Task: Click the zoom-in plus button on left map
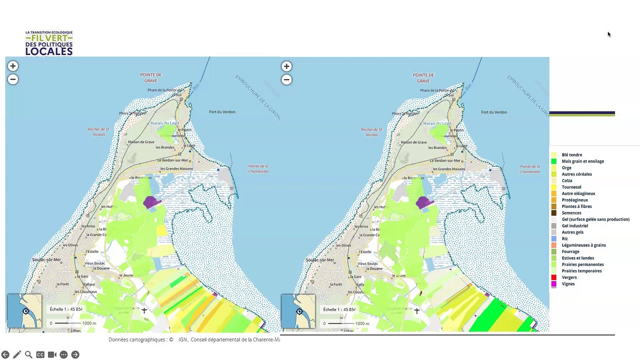pos(13,66)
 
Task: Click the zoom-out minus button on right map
pos(286,79)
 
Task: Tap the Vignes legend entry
pos(568,284)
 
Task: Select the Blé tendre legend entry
pos(571,155)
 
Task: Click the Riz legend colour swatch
pos(553,239)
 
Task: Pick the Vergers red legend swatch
pos(553,277)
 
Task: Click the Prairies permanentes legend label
pos(582,264)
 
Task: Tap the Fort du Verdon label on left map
pos(222,112)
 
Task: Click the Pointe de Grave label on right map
pos(423,78)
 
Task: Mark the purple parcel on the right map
pos(423,202)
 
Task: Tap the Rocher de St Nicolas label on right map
pos(371,132)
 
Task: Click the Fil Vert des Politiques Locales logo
pos(49,43)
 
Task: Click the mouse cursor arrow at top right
pos(608,34)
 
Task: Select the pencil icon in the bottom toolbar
pos(17,354)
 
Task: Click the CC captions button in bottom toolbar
pos(40,354)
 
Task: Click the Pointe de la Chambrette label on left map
pos(258,169)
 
